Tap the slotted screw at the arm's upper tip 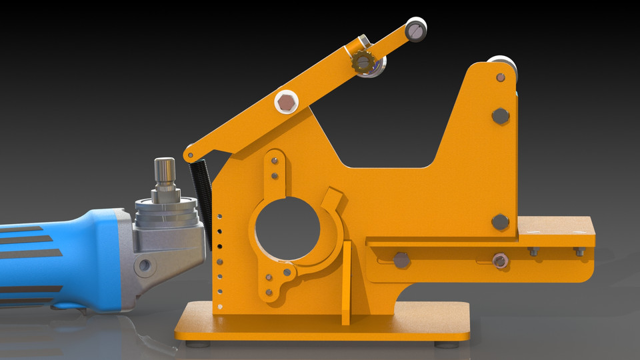click(x=416, y=29)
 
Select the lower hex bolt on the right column click(x=501, y=222)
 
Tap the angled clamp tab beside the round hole click(x=331, y=198)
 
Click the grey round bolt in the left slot click(x=401, y=260)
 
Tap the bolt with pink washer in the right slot click(x=499, y=260)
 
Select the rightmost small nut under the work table click(x=579, y=251)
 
